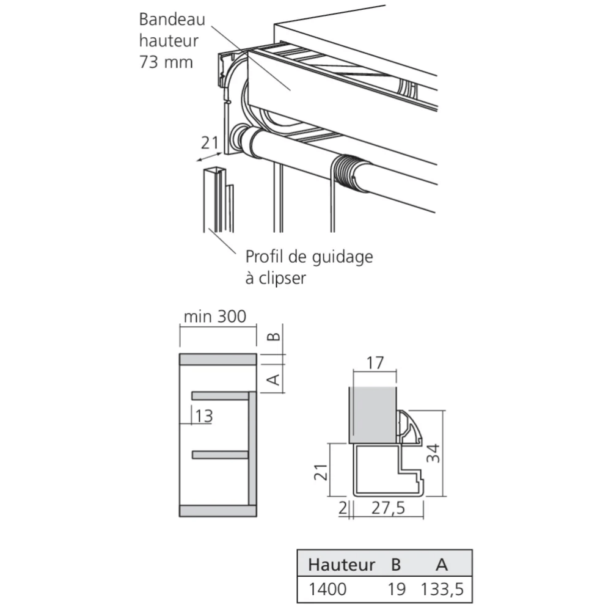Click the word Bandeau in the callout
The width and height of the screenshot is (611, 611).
click(x=172, y=20)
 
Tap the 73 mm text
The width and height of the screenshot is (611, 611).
click(x=166, y=62)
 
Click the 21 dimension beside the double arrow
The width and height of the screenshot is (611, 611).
click(x=210, y=142)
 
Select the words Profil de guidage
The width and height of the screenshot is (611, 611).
click(x=309, y=257)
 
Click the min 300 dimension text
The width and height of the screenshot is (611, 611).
click(x=214, y=316)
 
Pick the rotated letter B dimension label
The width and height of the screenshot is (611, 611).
click(x=274, y=336)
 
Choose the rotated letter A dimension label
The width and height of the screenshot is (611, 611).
click(x=274, y=379)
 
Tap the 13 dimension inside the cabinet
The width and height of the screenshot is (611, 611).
click(x=204, y=416)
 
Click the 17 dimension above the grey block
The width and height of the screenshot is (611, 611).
click(x=375, y=363)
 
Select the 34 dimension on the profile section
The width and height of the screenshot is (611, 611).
click(x=433, y=453)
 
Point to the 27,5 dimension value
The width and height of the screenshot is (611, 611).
click(x=388, y=508)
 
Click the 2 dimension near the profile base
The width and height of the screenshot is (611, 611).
click(x=343, y=508)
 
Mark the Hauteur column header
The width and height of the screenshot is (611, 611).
click(x=342, y=565)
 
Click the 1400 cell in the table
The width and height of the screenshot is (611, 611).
click(x=327, y=589)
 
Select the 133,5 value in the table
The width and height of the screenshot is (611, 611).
click(x=442, y=590)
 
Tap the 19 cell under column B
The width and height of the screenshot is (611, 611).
click(x=397, y=589)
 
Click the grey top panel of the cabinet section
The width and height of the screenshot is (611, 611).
click(x=218, y=359)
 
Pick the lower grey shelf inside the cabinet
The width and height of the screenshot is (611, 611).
click(x=220, y=455)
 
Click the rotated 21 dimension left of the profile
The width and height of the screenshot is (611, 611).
click(x=321, y=472)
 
